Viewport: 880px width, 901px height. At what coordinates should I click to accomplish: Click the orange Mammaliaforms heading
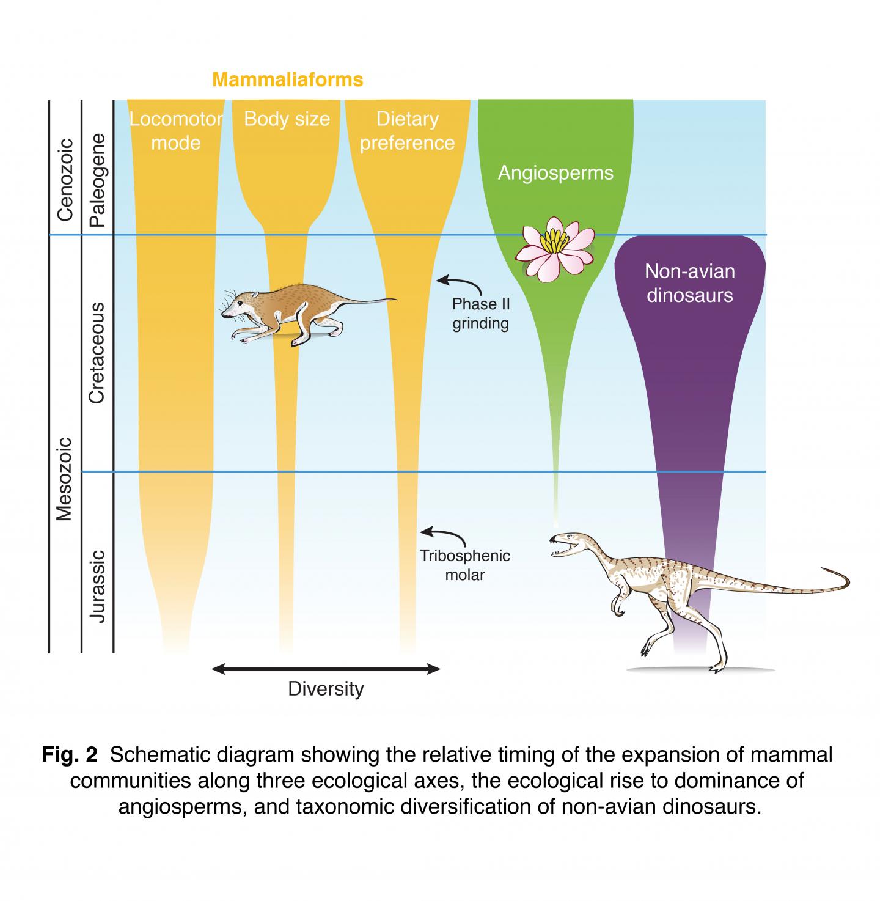click(287, 79)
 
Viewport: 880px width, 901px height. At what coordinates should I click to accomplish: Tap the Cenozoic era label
click(65, 180)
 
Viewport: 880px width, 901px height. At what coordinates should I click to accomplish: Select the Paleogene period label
click(98, 181)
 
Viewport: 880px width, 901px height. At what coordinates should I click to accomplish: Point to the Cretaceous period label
click(98, 353)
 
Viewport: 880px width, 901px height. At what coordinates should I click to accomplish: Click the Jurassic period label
click(98, 586)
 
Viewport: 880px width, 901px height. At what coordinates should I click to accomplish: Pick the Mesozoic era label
click(65, 478)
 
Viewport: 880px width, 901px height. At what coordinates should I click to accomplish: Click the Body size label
click(287, 119)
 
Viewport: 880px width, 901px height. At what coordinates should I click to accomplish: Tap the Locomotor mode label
click(176, 131)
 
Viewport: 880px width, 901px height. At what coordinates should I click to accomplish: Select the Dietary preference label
click(407, 131)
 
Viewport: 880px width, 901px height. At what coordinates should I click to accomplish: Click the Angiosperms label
click(555, 173)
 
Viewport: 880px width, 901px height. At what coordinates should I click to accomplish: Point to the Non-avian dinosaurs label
click(689, 283)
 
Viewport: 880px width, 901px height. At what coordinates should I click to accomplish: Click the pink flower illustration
click(555, 248)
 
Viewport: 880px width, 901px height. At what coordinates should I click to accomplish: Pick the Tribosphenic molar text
click(464, 565)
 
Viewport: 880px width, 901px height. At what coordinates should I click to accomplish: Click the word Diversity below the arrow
click(326, 689)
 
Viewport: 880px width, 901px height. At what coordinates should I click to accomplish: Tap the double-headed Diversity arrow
click(326, 669)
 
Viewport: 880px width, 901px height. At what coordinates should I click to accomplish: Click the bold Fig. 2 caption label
click(70, 755)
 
